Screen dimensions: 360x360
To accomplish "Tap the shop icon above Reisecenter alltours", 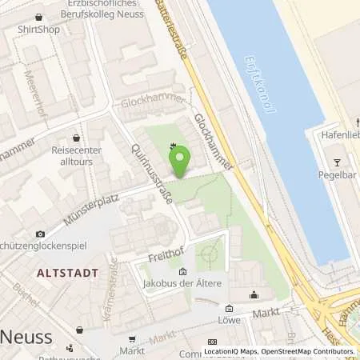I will pyautogui.click(x=76, y=138).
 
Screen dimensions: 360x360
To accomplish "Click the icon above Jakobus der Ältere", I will pyautogui.click(x=182, y=271).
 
